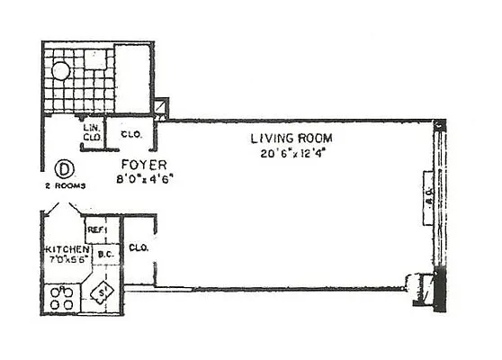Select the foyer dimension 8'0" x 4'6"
(143, 177)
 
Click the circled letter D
(64, 168)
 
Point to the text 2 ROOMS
(64, 186)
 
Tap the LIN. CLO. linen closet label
(91, 133)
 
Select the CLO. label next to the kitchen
(139, 247)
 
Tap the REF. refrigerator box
(96, 230)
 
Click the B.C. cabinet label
(103, 254)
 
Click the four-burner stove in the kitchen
(62, 297)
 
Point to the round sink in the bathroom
(61, 71)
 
